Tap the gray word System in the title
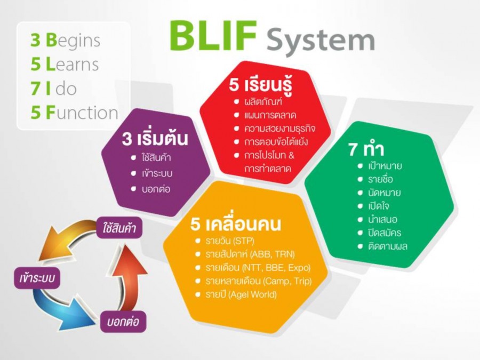tap(320, 40)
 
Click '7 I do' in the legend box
tap(54, 89)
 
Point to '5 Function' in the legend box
tap(75, 113)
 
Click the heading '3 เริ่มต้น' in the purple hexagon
tap(155, 140)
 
